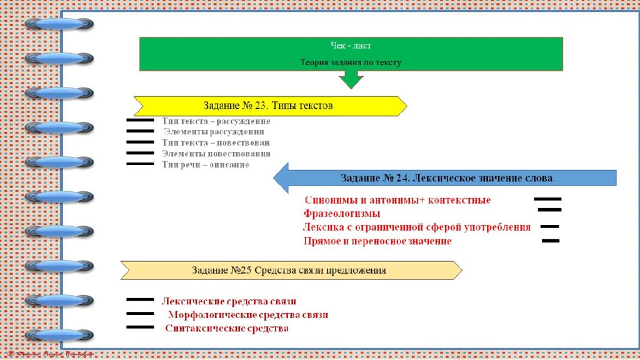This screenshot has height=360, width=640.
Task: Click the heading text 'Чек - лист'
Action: [351, 46]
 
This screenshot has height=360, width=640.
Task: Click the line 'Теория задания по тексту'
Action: [351, 62]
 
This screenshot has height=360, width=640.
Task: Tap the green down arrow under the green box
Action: [351, 79]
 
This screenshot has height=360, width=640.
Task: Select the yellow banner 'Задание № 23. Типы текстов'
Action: [269, 106]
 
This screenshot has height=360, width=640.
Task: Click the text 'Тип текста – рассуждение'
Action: [216, 121]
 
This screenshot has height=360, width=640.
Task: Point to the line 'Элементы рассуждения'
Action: [214, 132]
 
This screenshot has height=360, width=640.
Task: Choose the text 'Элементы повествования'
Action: [216, 153]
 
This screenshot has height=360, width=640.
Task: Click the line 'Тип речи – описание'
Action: [206, 164]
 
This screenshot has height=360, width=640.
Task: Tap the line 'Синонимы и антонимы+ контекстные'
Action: [397, 201]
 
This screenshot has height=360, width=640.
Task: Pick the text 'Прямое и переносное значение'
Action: [377, 241]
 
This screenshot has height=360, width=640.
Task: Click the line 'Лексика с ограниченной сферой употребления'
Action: [417, 227]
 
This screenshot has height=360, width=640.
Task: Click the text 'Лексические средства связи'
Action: [229, 301]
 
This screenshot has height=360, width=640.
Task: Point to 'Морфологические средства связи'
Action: [248, 315]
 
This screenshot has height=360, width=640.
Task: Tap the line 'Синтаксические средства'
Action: [227, 328]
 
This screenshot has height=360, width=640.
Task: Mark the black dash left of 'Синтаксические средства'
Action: [140, 327]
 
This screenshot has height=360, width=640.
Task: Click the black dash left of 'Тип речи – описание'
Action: [140, 164]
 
